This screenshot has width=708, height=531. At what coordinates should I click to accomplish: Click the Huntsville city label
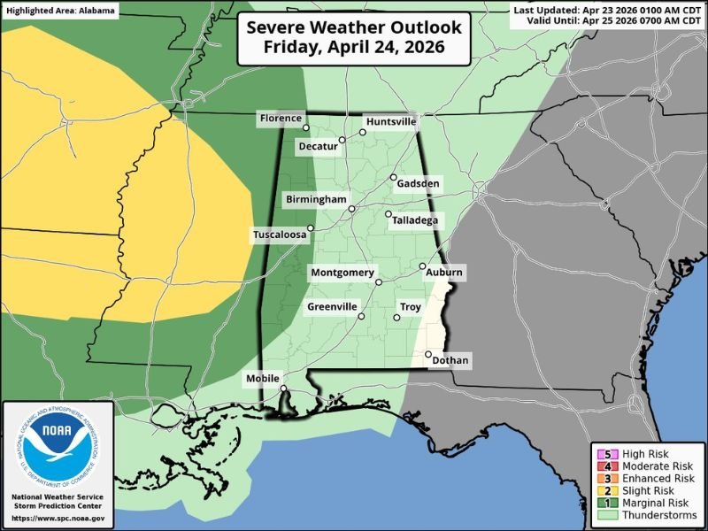coord(390,121)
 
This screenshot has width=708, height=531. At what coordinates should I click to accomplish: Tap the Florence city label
coord(281,119)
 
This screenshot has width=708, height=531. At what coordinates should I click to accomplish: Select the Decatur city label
coord(318,146)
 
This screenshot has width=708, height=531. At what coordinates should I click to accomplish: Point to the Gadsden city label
coord(419,183)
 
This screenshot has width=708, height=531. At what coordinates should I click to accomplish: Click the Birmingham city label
coord(316,200)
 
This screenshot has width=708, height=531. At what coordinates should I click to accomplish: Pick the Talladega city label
coord(416,220)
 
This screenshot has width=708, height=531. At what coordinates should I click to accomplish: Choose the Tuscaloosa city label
coord(280,235)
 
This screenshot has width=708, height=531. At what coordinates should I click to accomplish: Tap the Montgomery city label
coord(342,273)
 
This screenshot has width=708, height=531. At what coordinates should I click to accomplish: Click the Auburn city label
coord(444,273)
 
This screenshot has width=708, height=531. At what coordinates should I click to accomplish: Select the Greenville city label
coord(332,307)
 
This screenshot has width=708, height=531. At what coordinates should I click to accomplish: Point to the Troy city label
coord(411,307)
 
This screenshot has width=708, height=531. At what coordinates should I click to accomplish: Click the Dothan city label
coord(451,360)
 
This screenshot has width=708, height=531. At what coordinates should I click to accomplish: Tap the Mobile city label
coord(262,379)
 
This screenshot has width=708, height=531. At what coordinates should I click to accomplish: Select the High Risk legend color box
coord(608,454)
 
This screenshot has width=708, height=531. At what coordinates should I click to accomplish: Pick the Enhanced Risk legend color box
coord(608,479)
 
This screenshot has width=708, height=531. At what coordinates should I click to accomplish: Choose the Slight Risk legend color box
coord(608,490)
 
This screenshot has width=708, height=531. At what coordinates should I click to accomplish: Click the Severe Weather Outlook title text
coord(353,27)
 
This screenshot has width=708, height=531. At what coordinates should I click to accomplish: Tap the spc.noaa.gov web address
coord(58,518)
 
